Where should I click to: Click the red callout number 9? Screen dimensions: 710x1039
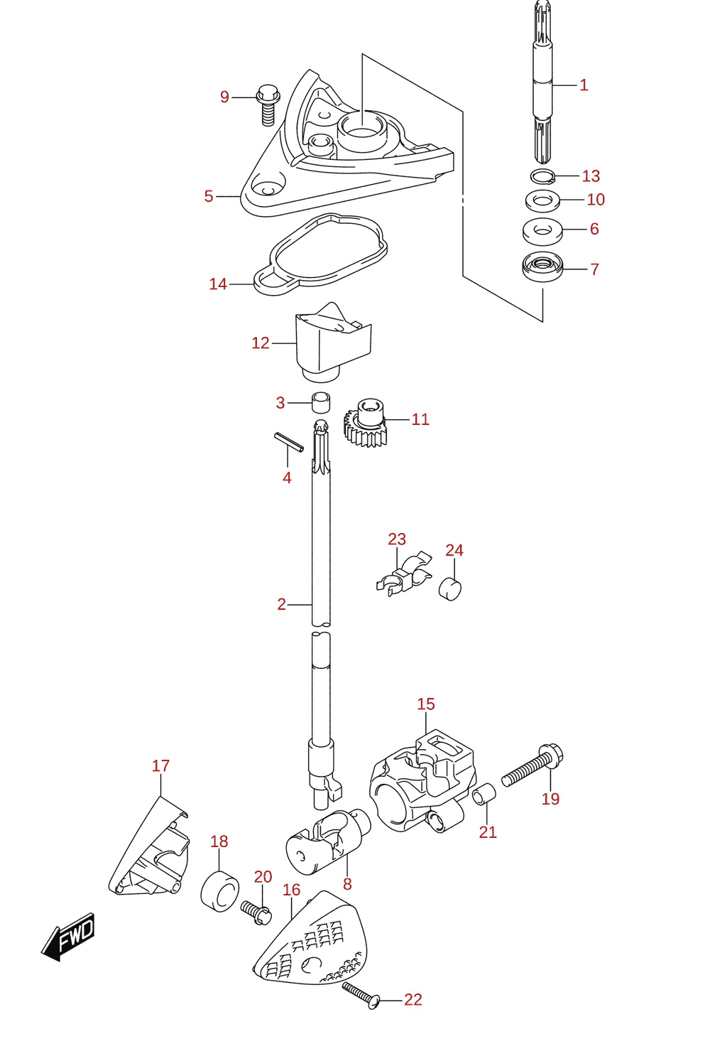tap(225, 97)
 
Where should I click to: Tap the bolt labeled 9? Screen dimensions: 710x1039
tap(268, 105)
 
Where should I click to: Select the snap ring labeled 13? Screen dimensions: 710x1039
tap(542, 176)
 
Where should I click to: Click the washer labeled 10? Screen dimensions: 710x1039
tap(542, 200)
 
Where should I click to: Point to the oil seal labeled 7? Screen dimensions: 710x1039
tap(542, 267)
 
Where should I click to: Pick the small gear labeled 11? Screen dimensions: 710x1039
tap(366, 422)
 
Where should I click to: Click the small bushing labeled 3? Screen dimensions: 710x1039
tap(321, 402)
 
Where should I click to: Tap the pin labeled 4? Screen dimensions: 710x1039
tap(289, 442)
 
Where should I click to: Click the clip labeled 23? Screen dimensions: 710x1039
tap(404, 574)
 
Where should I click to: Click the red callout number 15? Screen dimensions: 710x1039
tap(426, 704)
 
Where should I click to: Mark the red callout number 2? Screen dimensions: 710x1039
tap(282, 604)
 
